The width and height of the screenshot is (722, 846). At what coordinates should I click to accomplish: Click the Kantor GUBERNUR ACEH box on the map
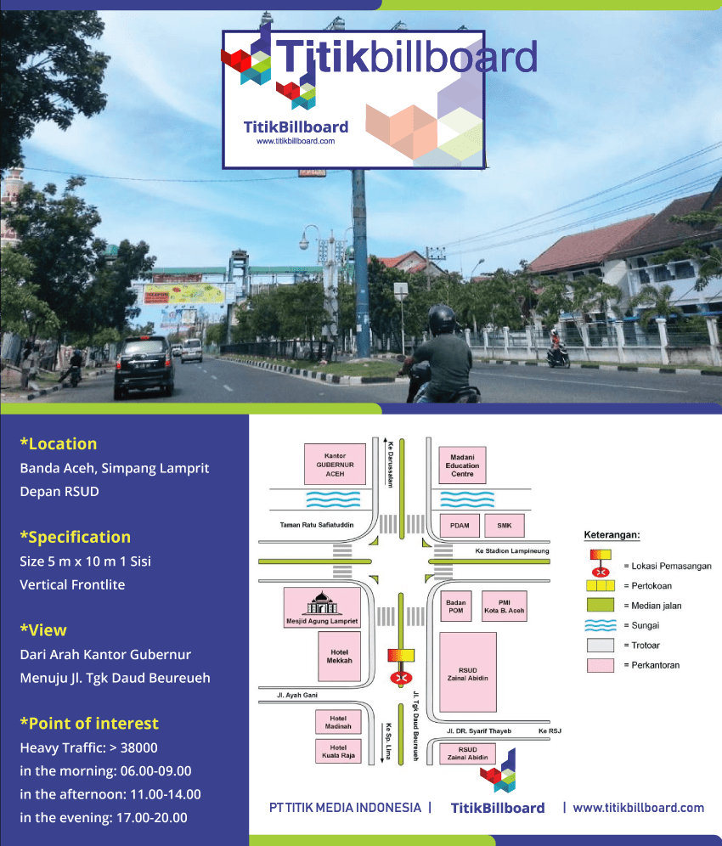(335, 464)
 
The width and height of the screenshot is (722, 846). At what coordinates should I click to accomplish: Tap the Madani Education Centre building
(462, 465)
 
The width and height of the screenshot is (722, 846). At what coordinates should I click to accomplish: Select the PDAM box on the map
(460, 526)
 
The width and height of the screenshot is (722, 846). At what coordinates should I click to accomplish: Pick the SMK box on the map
(504, 526)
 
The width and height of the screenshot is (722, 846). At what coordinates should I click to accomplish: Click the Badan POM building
(456, 606)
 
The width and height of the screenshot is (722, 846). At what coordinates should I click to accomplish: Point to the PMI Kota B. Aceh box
(504, 606)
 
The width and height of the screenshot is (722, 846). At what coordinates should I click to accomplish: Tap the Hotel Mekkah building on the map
(339, 656)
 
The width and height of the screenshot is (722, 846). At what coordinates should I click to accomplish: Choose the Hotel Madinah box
(338, 722)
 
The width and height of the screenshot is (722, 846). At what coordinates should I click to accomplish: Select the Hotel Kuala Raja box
(338, 751)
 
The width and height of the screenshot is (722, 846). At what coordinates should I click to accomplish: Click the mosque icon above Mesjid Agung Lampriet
(322, 603)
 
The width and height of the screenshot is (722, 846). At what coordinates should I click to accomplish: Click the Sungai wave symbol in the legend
(600, 625)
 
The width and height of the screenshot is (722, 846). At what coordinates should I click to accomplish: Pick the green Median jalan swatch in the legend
(600, 605)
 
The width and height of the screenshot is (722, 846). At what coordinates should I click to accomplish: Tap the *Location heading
(59, 443)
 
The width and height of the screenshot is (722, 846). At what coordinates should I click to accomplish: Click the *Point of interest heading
(89, 723)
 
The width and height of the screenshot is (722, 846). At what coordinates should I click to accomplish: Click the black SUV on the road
(144, 366)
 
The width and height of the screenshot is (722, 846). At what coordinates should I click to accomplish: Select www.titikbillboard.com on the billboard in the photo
(296, 141)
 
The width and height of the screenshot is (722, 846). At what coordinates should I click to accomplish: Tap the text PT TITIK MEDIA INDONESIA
(345, 808)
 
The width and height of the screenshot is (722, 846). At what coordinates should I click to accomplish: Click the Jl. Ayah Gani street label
(297, 695)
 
